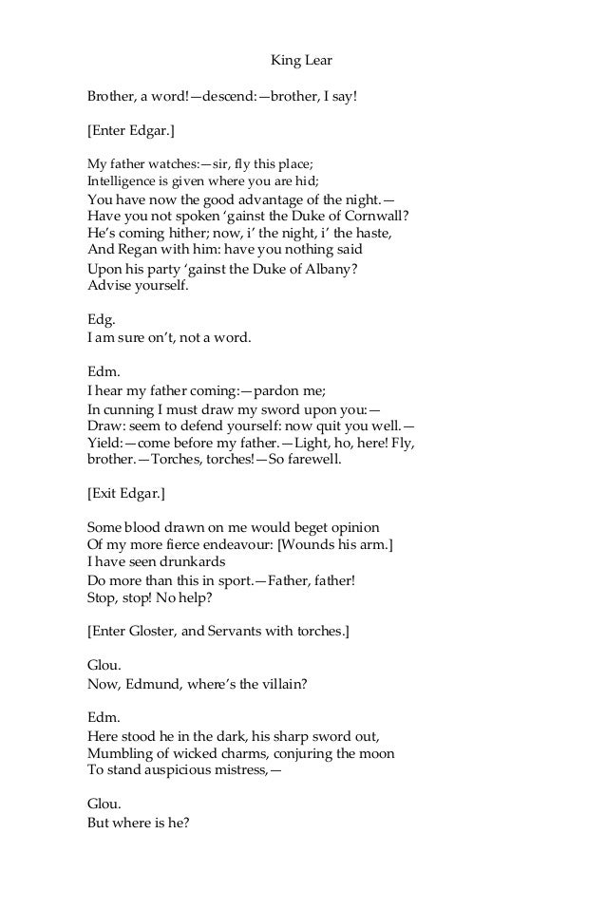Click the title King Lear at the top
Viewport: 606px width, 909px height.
[302, 62]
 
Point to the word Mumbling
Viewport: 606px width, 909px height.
[121, 753]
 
